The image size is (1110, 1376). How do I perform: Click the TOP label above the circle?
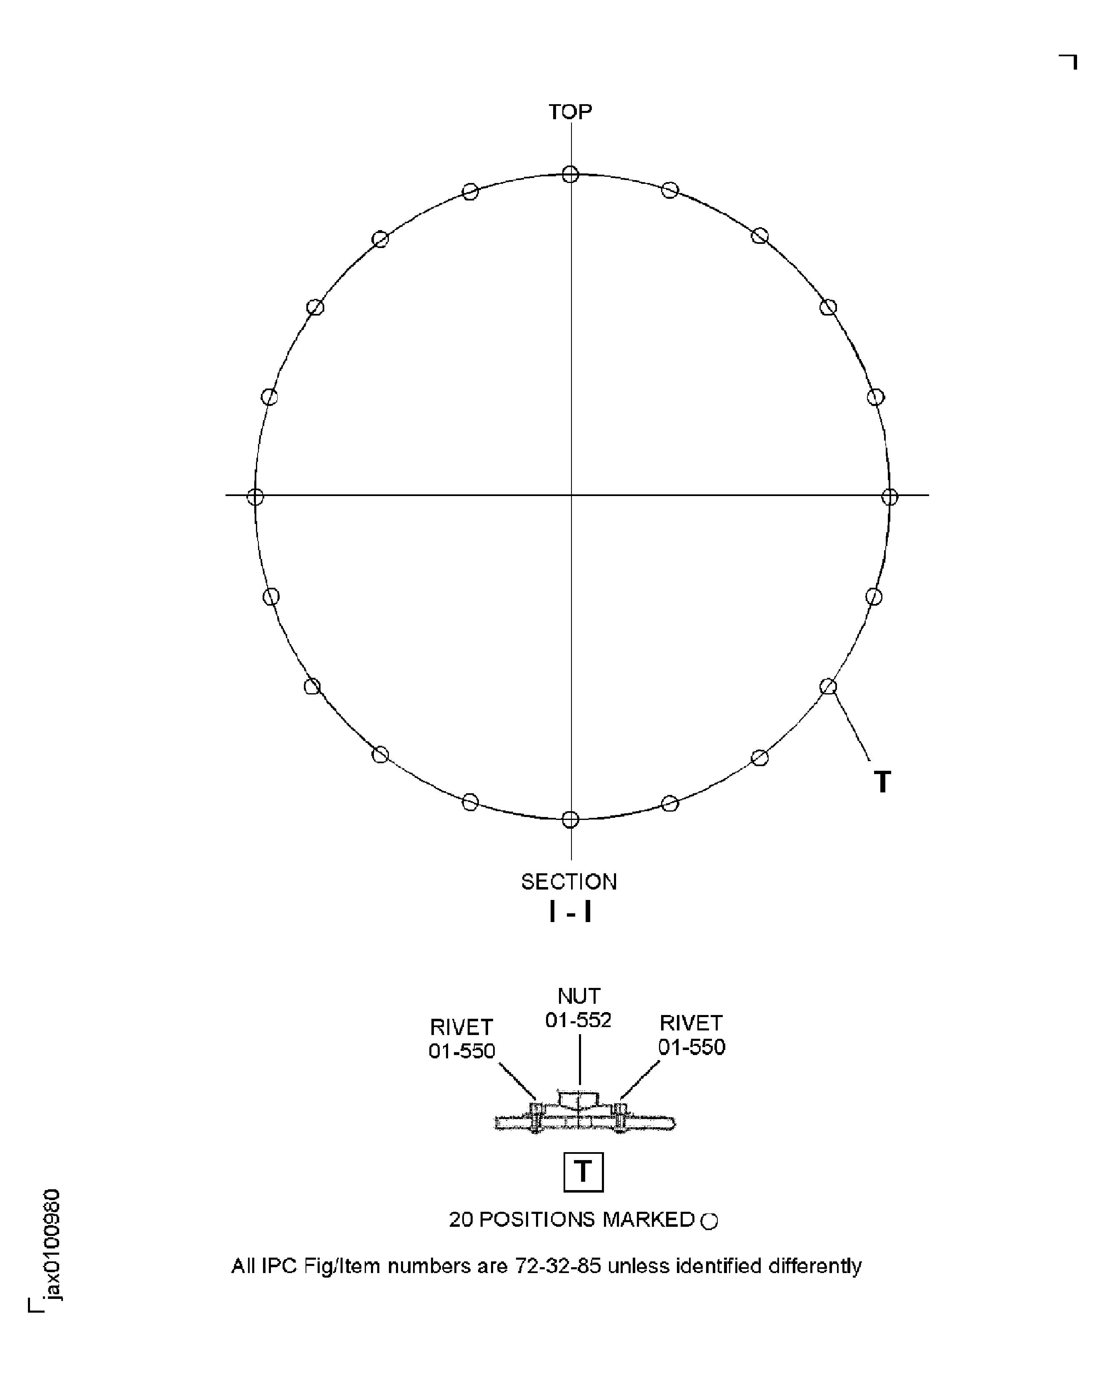[x=570, y=112]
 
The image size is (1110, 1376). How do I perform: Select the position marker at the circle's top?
[x=570, y=174]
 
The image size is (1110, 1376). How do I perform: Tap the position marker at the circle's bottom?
[x=570, y=819]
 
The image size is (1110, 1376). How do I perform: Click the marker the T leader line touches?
[x=828, y=687]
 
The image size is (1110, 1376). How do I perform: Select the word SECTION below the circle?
[x=569, y=882]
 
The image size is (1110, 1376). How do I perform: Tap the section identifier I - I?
[x=570, y=912]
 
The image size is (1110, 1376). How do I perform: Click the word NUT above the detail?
[x=579, y=996]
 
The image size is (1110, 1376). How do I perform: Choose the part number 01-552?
[x=578, y=1020]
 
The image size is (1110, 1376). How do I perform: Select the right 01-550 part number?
[x=692, y=1047]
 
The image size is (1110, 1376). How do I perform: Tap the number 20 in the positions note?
[x=460, y=1219]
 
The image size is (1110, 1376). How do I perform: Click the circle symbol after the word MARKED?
[x=709, y=1221]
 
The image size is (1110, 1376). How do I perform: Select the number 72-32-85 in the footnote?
[x=558, y=1266]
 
